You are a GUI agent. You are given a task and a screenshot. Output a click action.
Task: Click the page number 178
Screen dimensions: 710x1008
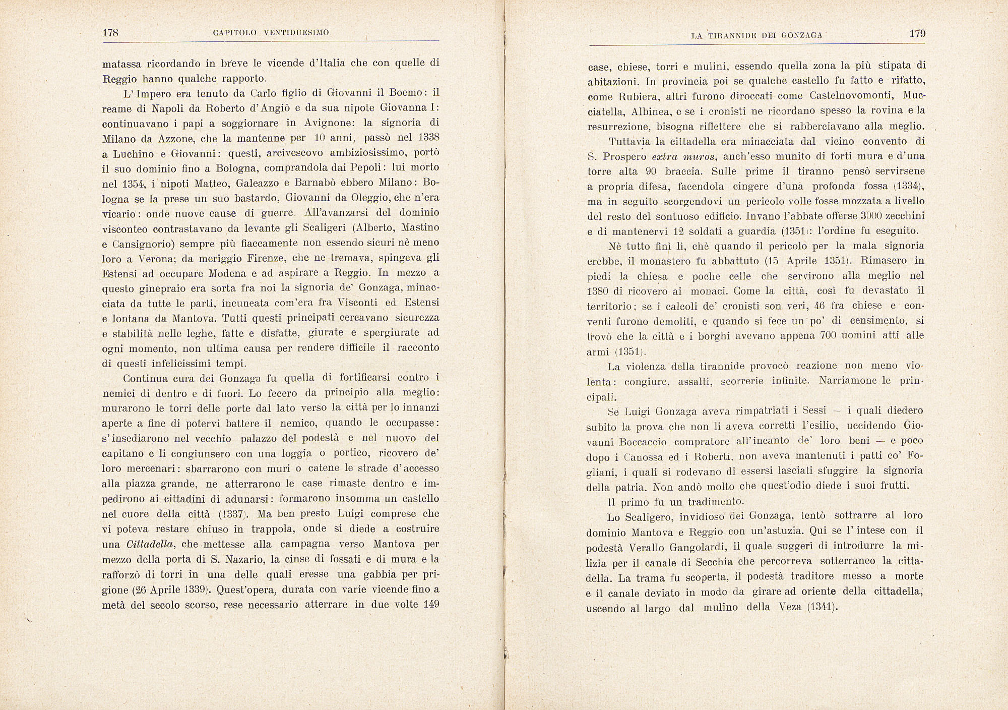(x=110, y=33)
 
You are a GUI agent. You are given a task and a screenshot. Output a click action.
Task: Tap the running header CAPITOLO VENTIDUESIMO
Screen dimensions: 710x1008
(x=271, y=33)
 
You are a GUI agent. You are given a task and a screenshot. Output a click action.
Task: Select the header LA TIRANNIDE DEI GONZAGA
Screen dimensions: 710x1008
(x=757, y=35)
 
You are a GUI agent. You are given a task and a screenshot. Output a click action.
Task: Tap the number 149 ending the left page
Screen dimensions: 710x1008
(x=431, y=604)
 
